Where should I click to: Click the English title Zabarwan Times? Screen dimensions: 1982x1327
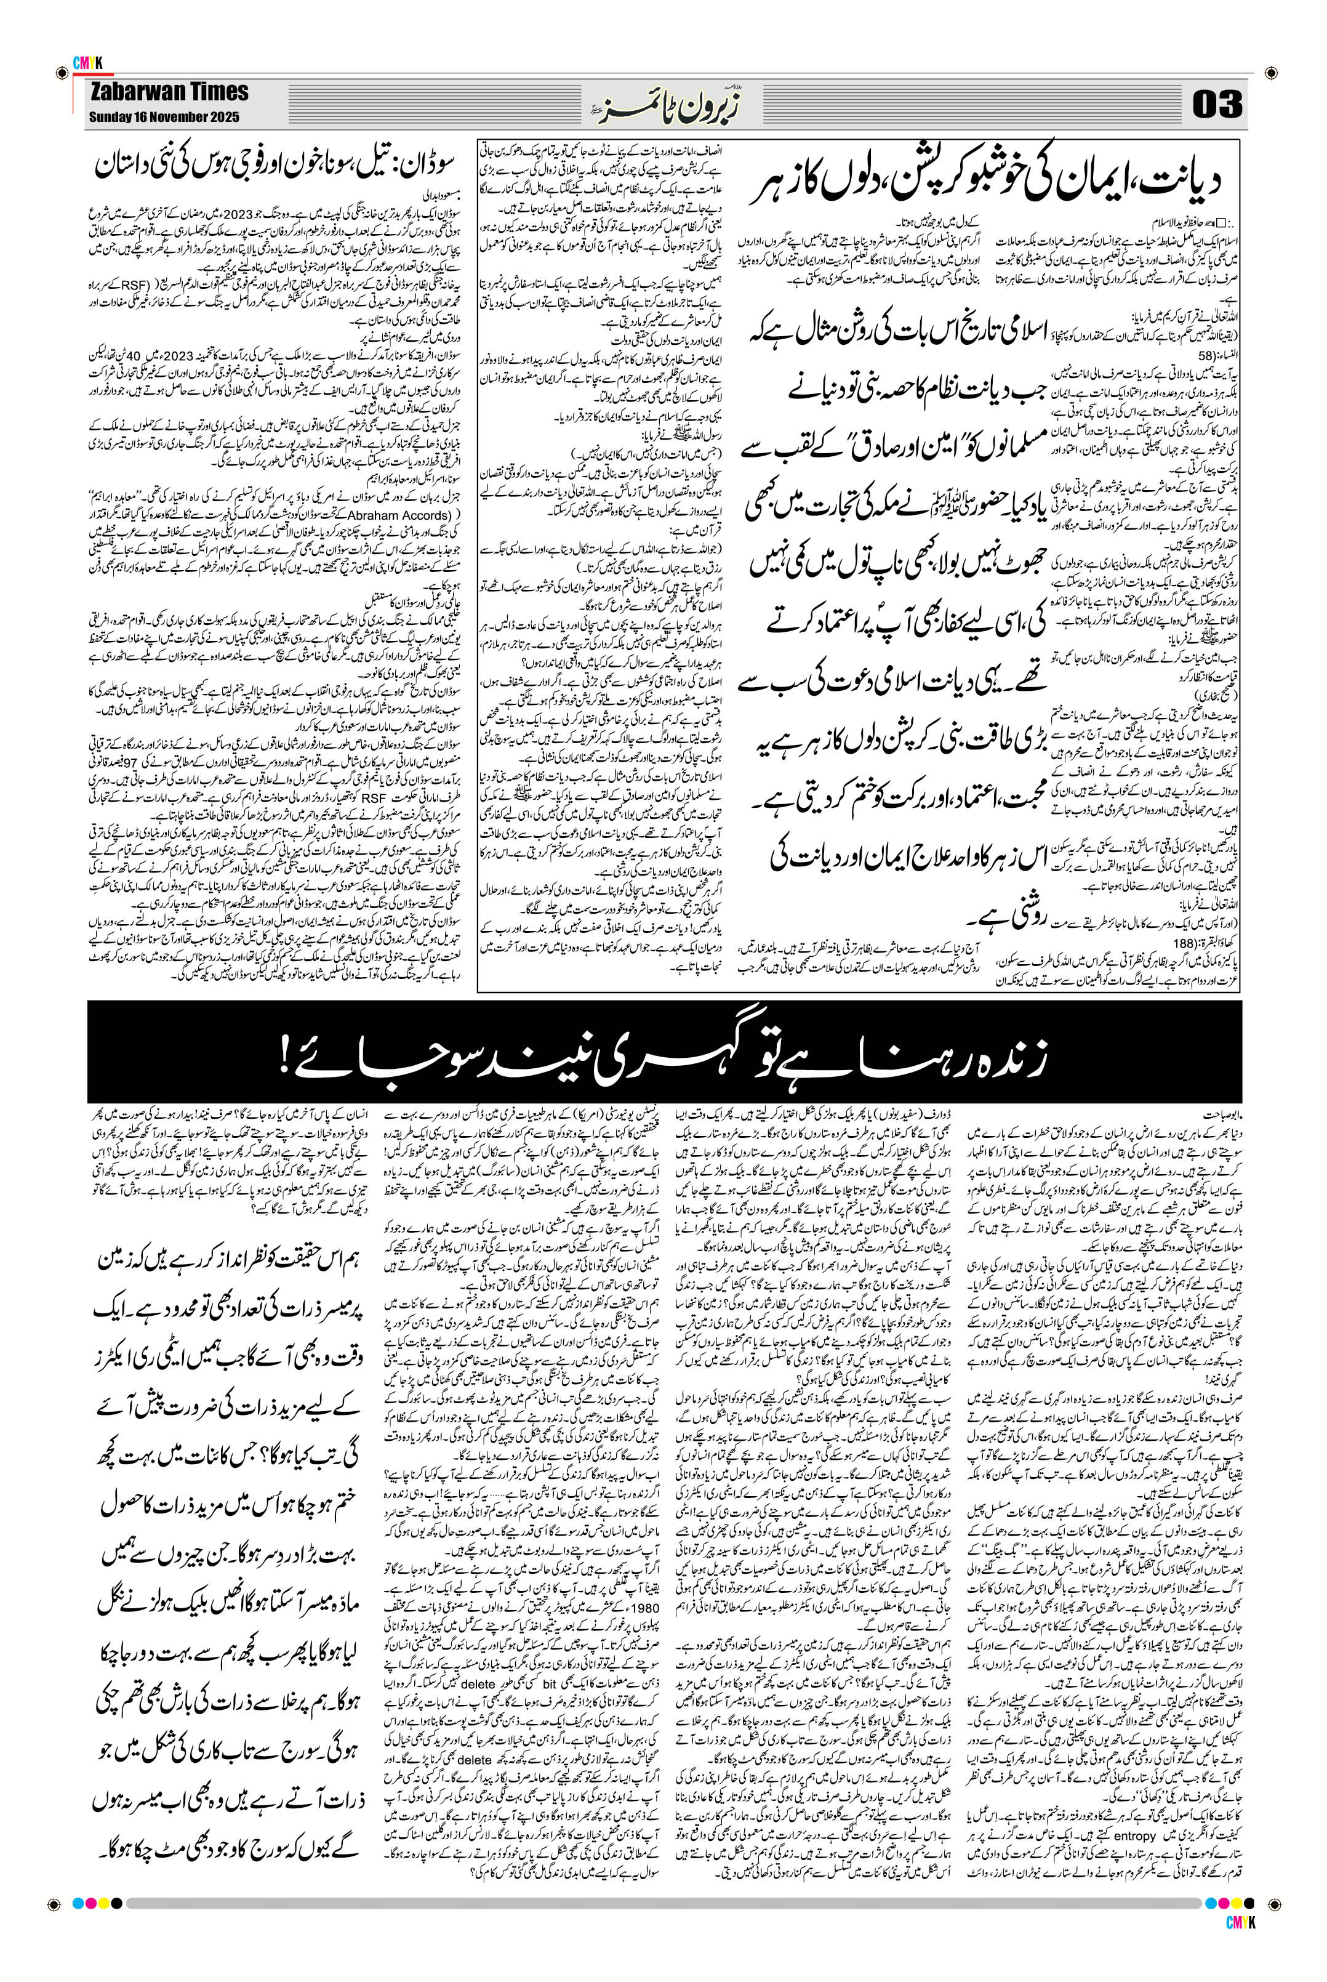169,92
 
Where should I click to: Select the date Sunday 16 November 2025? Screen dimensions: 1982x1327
164,117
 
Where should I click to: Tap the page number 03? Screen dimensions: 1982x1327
1216,104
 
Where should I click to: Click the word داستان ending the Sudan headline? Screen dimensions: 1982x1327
126,165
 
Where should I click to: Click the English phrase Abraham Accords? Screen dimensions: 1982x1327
397,515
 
